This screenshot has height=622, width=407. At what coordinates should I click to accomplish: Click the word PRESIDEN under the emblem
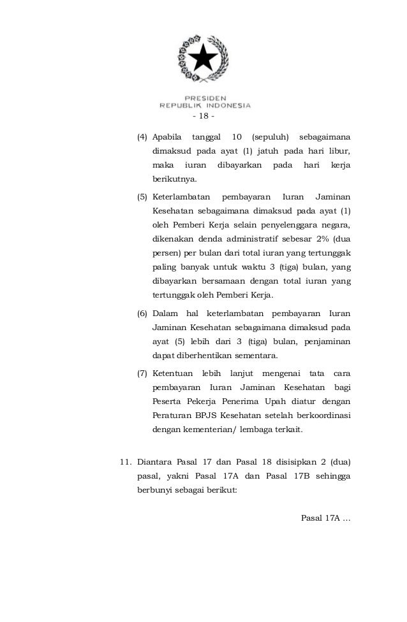[x=205, y=98]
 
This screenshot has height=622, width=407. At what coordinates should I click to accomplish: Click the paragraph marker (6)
[x=144, y=314]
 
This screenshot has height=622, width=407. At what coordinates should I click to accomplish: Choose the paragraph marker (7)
[x=144, y=373]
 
